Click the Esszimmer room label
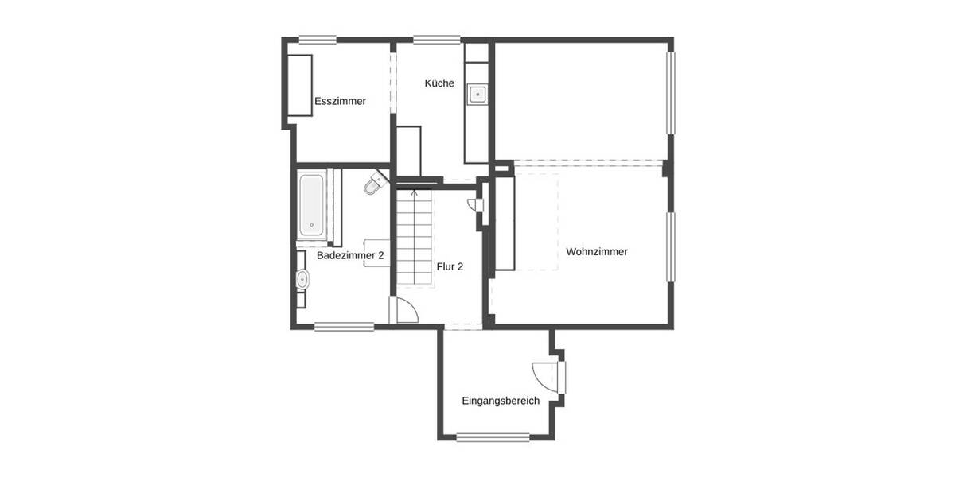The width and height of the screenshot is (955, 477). click(x=340, y=101)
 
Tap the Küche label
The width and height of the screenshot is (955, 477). click(x=439, y=83)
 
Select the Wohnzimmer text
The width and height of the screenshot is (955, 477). click(x=597, y=251)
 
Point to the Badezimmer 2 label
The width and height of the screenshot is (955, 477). click(x=350, y=256)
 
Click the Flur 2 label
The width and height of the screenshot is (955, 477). click(x=450, y=266)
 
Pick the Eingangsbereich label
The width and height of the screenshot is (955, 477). click(x=501, y=401)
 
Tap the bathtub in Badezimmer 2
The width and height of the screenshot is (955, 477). click(x=311, y=205)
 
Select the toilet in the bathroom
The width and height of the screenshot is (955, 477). click(x=372, y=186)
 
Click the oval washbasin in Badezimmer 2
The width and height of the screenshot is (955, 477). click(x=302, y=279)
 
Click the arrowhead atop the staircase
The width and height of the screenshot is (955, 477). click(x=414, y=192)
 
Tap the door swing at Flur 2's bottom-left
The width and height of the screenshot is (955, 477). click(x=404, y=311)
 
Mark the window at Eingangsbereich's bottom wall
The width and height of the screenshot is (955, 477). click(x=493, y=436)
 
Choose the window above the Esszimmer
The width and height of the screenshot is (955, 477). click(x=318, y=38)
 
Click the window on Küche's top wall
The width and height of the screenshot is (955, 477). click(x=437, y=38)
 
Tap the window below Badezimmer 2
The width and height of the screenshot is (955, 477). click(x=344, y=325)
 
